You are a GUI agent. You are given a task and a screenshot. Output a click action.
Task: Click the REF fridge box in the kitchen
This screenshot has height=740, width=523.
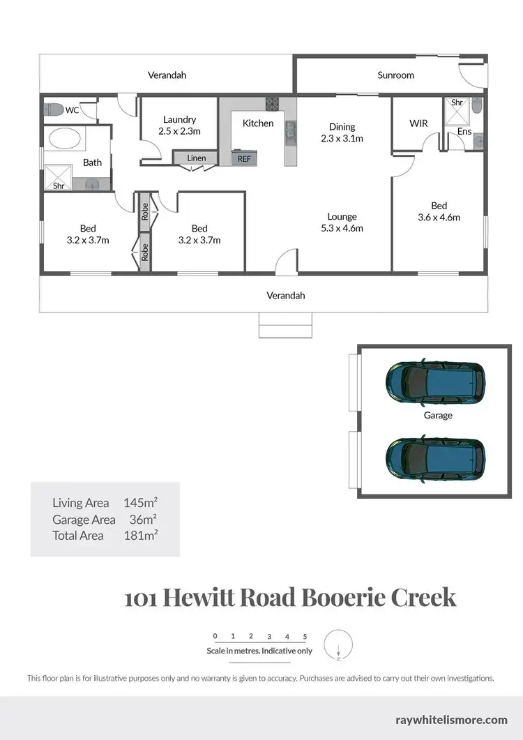pos(244,158)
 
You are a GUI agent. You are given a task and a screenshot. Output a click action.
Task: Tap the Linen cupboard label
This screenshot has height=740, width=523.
pos(197,158)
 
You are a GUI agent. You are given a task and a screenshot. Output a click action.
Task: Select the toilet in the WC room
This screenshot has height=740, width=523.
pos(54,110)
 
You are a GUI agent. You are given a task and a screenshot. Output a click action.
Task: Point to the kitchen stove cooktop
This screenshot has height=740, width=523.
pos(272,105)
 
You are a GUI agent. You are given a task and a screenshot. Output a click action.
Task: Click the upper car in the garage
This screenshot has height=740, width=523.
pos(435,381)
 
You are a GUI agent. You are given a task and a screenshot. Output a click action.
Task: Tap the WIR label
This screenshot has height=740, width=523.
pos(418,123)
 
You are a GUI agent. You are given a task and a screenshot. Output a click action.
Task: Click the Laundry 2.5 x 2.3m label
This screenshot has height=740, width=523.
pos(179,125)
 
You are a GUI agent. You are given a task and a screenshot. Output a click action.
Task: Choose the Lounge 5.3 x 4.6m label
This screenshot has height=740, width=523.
pos(342,222)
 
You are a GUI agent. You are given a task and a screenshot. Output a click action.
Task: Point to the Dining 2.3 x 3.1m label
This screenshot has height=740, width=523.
pos(342,133)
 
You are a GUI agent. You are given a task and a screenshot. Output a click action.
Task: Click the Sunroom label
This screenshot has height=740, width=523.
pos(395,75)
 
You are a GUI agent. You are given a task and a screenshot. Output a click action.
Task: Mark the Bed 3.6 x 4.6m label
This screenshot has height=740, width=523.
pos(439,211)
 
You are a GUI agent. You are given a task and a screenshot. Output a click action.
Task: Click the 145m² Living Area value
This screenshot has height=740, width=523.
pos(140,502)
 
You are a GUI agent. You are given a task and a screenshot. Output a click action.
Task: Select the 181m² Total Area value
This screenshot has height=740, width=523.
pos(140,536)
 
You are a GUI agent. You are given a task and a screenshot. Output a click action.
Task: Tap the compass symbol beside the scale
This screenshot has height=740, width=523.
pos(339,644)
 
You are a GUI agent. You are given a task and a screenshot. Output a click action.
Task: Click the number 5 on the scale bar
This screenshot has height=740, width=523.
pos(305,636)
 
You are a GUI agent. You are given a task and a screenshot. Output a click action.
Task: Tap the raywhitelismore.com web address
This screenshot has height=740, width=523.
pos(451,719)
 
